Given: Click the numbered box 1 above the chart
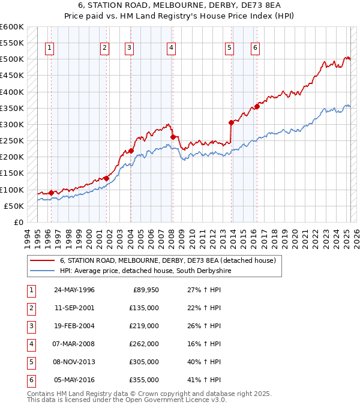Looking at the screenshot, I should pyautogui.click(x=49, y=49).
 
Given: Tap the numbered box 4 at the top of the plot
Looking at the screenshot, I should pyautogui.click(x=171, y=49).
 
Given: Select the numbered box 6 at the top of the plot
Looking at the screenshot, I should pyautogui.click(x=256, y=49).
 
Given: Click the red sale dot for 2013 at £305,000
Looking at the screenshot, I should pyautogui.click(x=231, y=122).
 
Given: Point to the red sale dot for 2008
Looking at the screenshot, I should pyautogui.click(x=173, y=137).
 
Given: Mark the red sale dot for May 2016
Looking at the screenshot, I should pyautogui.click(x=257, y=106).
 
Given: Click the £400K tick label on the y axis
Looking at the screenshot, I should pyautogui.click(x=11, y=92).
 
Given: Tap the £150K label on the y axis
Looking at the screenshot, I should pyautogui.click(x=11, y=173).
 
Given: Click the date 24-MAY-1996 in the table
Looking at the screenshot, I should pyautogui.click(x=74, y=290).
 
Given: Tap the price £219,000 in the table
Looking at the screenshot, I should pyautogui.click(x=144, y=326).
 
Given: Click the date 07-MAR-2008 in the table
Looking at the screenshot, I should pyautogui.click(x=74, y=344).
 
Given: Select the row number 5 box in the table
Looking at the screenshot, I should pyautogui.click(x=31, y=362).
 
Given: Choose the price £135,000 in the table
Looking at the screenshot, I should pyautogui.click(x=144, y=308).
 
